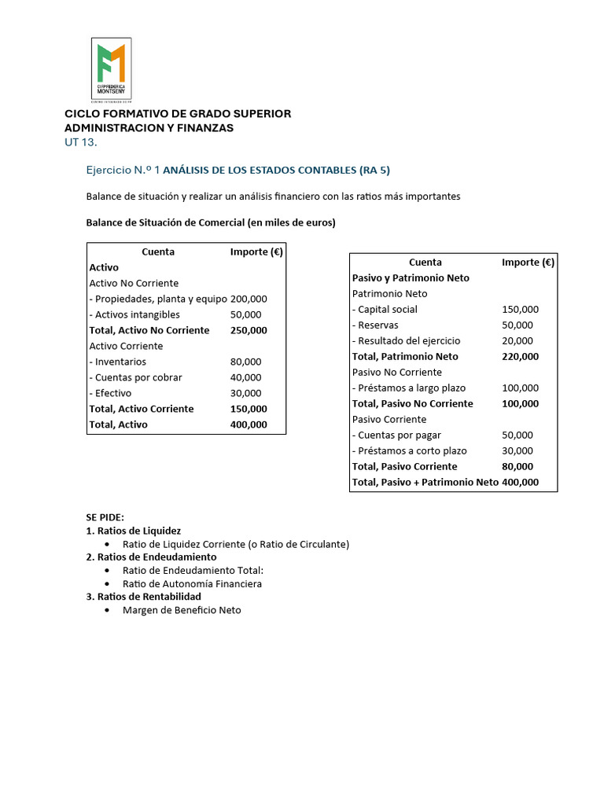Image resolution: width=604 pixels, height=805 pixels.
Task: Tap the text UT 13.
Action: [81, 142]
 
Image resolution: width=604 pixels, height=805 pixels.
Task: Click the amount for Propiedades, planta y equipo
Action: [249, 299]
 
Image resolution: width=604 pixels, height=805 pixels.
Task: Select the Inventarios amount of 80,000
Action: [245, 362]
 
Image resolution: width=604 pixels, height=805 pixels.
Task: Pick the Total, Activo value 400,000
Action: [249, 425]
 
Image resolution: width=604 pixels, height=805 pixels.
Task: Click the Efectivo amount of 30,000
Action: [245, 393]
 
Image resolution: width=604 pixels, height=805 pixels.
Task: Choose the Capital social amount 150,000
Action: [520, 309]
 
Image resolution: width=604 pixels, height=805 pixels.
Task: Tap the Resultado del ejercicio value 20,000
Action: [517, 340]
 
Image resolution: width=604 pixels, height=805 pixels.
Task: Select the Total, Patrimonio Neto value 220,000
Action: [520, 356]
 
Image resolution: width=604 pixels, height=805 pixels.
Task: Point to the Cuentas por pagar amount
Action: [517, 435]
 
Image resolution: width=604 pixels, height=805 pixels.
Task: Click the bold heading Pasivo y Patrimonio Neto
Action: [411, 278]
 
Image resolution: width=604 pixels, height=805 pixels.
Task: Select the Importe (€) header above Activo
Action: [256, 252]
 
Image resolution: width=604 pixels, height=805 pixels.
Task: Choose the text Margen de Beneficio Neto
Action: [182, 610]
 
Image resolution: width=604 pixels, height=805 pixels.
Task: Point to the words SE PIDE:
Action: [105, 517]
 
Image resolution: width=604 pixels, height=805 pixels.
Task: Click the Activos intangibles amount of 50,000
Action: [245, 314]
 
